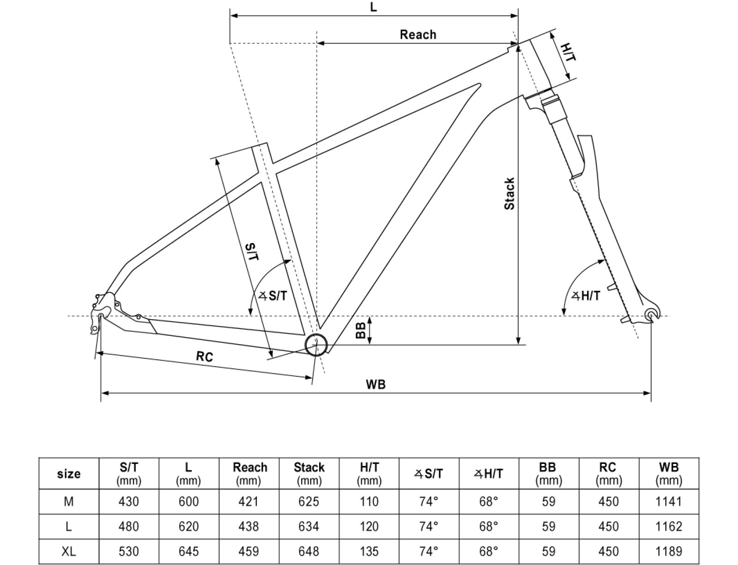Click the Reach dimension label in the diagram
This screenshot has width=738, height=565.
tap(417, 35)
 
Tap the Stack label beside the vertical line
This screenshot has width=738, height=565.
tap(509, 194)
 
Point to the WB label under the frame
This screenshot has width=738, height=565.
tap(375, 384)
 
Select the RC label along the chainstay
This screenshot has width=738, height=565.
tap(204, 356)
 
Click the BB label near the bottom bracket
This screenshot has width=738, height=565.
tap(361, 330)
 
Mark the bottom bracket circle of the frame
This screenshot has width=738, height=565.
tap(316, 344)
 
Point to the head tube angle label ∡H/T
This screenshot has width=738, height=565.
tap(586, 296)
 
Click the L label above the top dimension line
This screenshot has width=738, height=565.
tap(374, 7)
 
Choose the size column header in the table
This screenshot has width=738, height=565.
tap(69, 474)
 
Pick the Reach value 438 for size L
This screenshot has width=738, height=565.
tap(249, 526)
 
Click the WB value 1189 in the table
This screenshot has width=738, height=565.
tap(668, 551)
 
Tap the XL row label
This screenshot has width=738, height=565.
tap(69, 551)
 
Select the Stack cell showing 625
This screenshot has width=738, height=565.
tap(309, 501)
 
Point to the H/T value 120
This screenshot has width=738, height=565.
tap(369, 526)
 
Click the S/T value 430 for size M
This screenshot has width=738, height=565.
tap(129, 501)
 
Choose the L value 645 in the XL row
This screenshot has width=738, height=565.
tap(189, 551)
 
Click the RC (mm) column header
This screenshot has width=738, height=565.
tap(608, 474)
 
